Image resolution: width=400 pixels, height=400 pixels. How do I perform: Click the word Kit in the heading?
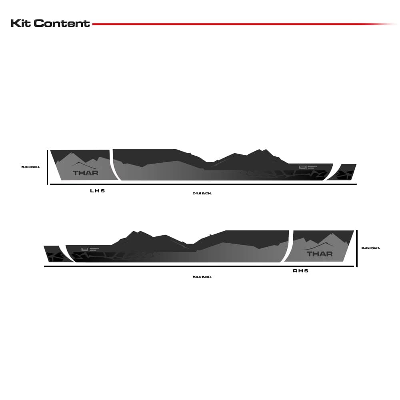21,23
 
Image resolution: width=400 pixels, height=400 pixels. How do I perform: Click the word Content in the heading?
62,23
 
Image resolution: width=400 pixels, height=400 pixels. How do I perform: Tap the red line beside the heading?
240,24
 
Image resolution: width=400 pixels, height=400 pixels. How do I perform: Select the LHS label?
97,191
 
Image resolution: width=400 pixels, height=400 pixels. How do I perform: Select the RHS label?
301,271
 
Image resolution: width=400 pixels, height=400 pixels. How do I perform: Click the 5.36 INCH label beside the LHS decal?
31,167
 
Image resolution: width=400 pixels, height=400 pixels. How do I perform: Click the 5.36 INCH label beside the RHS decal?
370,248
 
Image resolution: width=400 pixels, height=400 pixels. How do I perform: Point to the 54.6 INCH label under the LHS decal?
202,194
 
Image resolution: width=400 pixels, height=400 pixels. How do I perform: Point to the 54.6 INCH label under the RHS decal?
202,277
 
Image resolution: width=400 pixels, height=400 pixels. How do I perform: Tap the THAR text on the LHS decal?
85,173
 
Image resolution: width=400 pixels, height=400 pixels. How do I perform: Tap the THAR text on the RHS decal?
319,254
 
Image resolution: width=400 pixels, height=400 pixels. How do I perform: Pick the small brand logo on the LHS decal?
302,168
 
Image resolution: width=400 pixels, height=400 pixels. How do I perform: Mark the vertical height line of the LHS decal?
48,167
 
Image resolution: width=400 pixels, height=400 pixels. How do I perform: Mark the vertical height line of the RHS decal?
356,248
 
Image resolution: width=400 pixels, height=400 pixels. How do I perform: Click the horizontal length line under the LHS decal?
202,184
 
